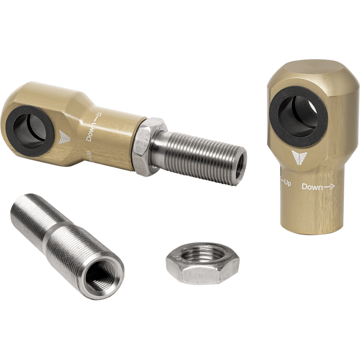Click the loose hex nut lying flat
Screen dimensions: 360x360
point(202,264)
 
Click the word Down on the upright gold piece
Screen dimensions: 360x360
point(312,187)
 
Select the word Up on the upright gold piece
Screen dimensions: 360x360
point(288,183)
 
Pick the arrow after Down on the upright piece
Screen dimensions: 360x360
point(329,187)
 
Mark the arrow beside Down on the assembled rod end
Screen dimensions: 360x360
point(98,117)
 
